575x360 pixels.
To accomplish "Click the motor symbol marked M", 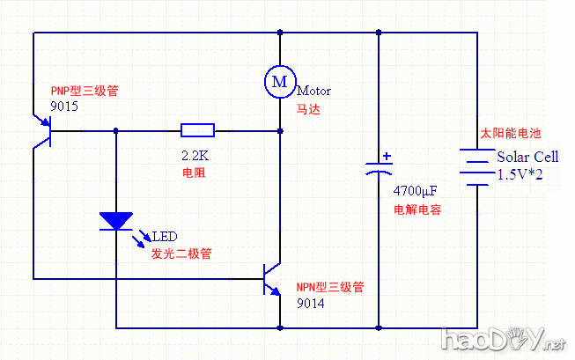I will [279, 81].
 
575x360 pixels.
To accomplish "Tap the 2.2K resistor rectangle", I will [197, 131].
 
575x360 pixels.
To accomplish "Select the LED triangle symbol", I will [115, 221].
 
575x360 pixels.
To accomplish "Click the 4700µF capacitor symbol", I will [379, 168].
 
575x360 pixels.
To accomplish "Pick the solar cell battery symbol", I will [477, 168].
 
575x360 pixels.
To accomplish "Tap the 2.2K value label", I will [195, 155].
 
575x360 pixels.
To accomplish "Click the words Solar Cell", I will [527, 157].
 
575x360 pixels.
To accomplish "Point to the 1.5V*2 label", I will [520, 175].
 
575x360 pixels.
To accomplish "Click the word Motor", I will [313, 91].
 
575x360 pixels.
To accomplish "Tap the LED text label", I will [165, 237].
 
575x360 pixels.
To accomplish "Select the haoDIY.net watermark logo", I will [503, 340].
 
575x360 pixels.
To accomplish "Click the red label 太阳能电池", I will [511, 134].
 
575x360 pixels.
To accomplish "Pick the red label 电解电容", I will [417, 210].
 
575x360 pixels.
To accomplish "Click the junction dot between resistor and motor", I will [279, 131].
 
